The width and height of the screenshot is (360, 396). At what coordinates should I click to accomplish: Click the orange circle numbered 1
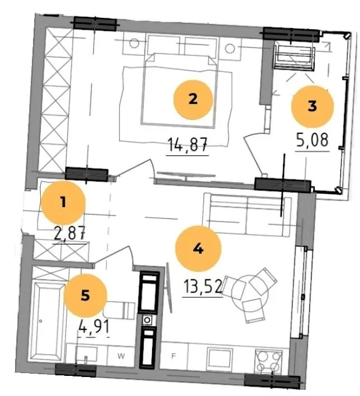63,203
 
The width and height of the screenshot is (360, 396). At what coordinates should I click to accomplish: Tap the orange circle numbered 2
193,99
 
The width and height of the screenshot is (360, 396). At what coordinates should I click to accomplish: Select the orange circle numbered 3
312,106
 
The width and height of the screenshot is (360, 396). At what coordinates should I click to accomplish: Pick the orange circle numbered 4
198,249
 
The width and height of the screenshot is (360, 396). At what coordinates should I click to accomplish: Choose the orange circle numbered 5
85,295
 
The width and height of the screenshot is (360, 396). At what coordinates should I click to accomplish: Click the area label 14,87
188,145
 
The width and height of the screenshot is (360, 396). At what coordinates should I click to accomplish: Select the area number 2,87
69,233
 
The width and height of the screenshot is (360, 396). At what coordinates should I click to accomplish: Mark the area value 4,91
94,327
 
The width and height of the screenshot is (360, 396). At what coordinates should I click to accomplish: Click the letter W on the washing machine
121,356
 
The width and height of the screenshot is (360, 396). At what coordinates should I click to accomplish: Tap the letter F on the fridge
173,356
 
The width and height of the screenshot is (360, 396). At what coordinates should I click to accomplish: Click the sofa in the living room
247,214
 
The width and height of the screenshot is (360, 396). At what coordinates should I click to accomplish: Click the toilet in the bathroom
120,309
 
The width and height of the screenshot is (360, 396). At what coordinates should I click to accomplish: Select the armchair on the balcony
293,57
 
